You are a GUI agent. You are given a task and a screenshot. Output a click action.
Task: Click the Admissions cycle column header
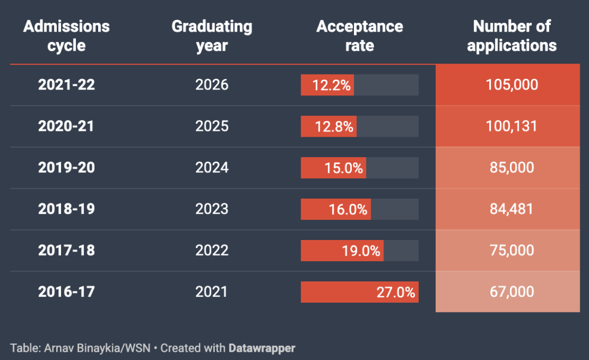pyautogui.click(x=67, y=35)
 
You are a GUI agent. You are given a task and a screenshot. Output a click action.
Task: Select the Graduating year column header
pyautogui.click(x=212, y=35)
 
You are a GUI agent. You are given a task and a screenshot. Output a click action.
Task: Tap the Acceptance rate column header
pyautogui.click(x=359, y=35)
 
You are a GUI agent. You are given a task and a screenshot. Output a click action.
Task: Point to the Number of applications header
pyautogui.click(x=512, y=35)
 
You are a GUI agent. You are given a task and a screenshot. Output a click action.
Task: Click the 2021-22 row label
pyautogui.click(x=67, y=85)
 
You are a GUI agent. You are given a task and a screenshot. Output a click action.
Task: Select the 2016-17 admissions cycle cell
pyautogui.click(x=67, y=292)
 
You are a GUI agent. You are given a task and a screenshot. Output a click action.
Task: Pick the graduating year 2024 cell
pyautogui.click(x=212, y=167)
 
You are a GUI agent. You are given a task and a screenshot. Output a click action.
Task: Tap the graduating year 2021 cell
pyautogui.click(x=212, y=292)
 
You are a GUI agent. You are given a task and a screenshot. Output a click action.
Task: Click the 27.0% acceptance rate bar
pyautogui.click(x=359, y=292)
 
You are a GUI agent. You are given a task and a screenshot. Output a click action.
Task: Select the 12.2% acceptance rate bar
pyautogui.click(x=328, y=85)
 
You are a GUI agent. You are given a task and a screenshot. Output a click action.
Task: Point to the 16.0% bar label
pyautogui.click(x=348, y=209)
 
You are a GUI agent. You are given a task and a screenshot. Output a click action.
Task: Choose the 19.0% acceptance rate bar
pyautogui.click(x=342, y=250)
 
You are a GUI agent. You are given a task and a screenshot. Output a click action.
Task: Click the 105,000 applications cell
pyautogui.click(x=512, y=85)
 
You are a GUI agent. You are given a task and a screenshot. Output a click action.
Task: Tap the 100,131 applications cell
pyautogui.click(x=512, y=126)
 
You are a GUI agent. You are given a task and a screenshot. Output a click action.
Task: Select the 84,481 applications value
pyautogui.click(x=512, y=209)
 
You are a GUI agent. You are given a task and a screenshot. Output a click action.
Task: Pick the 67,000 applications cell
pyautogui.click(x=512, y=292)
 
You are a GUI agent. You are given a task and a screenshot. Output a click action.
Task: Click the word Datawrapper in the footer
pyautogui.click(x=262, y=347)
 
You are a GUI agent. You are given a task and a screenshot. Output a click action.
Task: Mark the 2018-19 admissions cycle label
pyautogui.click(x=67, y=209)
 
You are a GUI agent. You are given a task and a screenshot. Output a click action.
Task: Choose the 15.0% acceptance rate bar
pyautogui.click(x=334, y=167)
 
